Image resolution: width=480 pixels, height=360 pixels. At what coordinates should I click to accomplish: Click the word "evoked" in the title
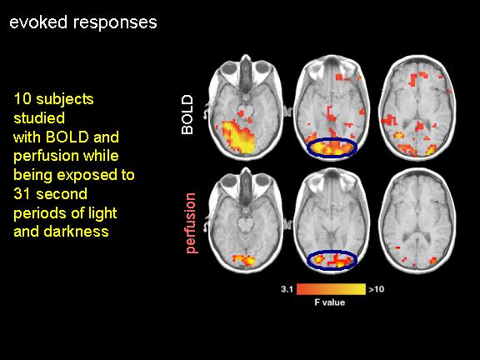point(38,22)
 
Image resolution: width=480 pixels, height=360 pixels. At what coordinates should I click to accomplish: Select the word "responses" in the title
point(115,23)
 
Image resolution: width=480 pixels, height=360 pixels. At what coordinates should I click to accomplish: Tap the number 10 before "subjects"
point(22,99)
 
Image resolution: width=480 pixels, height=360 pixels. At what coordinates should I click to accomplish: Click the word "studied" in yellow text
point(39,117)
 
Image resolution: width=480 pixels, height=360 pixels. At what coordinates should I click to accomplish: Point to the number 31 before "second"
point(22,194)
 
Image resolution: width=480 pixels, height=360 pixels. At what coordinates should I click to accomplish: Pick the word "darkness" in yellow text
point(76,231)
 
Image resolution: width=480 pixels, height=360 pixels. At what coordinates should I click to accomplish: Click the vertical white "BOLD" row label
point(187,114)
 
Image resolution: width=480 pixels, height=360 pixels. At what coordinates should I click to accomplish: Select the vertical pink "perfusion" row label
point(190,223)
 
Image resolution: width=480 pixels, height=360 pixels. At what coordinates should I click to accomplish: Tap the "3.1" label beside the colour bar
point(287,289)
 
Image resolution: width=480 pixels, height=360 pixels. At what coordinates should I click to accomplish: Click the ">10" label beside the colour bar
point(376,289)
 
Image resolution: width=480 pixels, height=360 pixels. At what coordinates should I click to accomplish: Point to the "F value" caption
point(330,302)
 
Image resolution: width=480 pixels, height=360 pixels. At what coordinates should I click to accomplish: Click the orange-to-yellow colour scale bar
point(331,289)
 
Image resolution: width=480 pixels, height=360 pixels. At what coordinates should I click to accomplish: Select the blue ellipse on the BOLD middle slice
point(332,138)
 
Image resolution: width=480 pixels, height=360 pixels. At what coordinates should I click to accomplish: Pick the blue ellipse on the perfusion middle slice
point(332,252)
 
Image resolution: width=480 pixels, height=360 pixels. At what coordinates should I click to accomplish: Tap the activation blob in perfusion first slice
point(244,260)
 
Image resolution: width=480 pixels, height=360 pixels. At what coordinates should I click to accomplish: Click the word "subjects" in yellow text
point(65,99)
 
